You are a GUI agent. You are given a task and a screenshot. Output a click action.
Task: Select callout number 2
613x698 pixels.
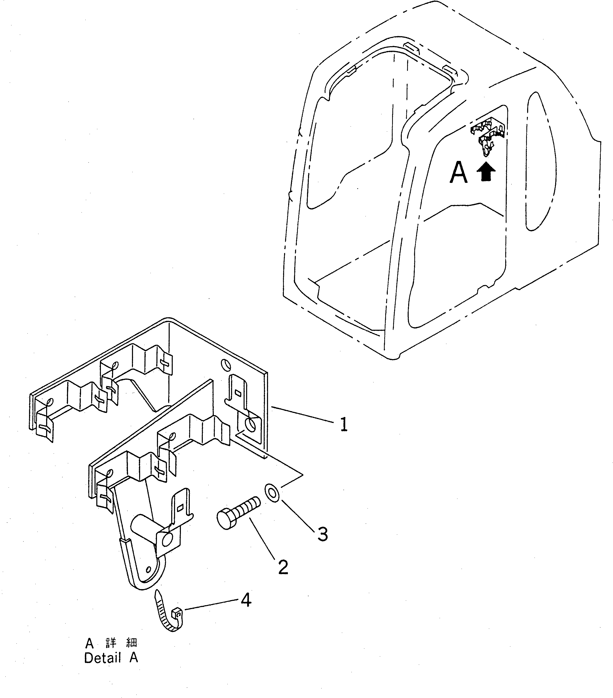point(283,567)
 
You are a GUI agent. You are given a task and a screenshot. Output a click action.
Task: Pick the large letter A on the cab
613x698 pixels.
point(458,173)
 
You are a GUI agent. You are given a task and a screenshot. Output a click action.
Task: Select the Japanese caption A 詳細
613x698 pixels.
point(111,643)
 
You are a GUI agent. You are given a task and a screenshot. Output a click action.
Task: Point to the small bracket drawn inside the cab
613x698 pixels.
point(488,135)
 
